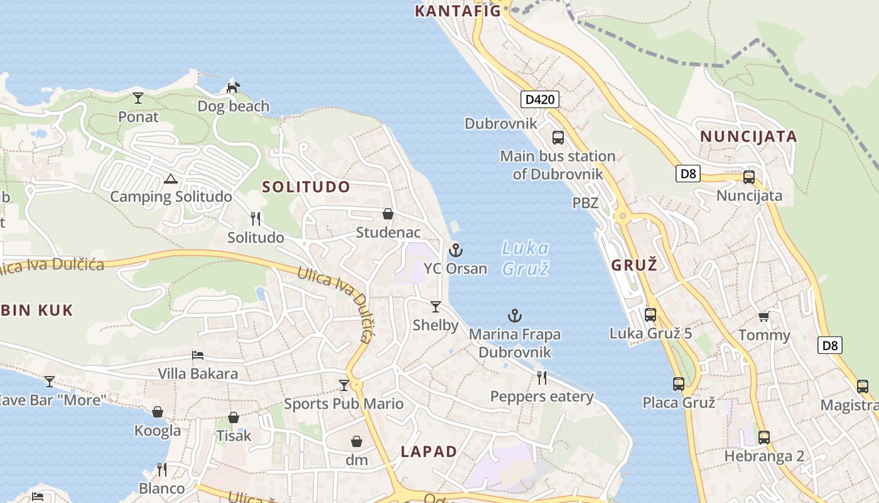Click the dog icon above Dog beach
(233, 87)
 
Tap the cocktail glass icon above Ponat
(138, 97)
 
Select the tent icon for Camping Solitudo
(171, 179)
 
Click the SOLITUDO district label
(306, 187)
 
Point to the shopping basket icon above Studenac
(388, 214)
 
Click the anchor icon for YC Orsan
(456, 250)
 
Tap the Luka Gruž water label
(526, 258)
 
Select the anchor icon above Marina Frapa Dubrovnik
(515, 316)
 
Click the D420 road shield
(540, 99)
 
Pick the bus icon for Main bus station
(558, 137)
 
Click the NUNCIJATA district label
(748, 136)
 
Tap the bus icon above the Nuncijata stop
(749, 177)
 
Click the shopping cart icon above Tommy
(764, 316)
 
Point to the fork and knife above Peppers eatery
(542, 377)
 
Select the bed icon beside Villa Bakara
(198, 355)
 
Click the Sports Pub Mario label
(343, 404)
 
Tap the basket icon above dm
(357, 441)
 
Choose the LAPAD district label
(429, 451)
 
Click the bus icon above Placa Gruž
(679, 384)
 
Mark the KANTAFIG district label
(458, 11)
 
